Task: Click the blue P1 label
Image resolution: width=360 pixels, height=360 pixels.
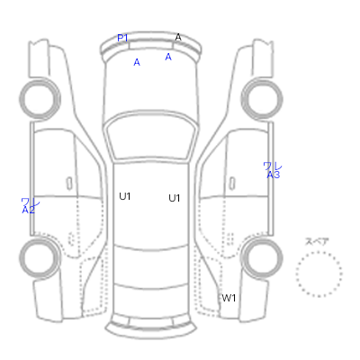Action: point(122,38)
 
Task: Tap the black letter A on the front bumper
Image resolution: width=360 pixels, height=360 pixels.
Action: point(178,38)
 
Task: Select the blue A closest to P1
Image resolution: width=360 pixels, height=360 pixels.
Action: point(137,62)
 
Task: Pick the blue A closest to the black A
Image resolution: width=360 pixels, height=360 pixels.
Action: point(168,57)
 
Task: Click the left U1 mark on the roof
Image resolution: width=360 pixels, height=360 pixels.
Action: point(125,196)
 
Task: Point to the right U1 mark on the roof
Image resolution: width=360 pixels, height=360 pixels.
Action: point(175,198)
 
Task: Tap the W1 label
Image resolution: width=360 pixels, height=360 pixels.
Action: point(229,298)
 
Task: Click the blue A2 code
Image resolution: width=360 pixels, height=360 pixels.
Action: point(29,211)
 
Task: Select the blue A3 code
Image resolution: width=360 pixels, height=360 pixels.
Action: point(274,175)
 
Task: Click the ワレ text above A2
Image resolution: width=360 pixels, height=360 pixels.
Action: point(31,202)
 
